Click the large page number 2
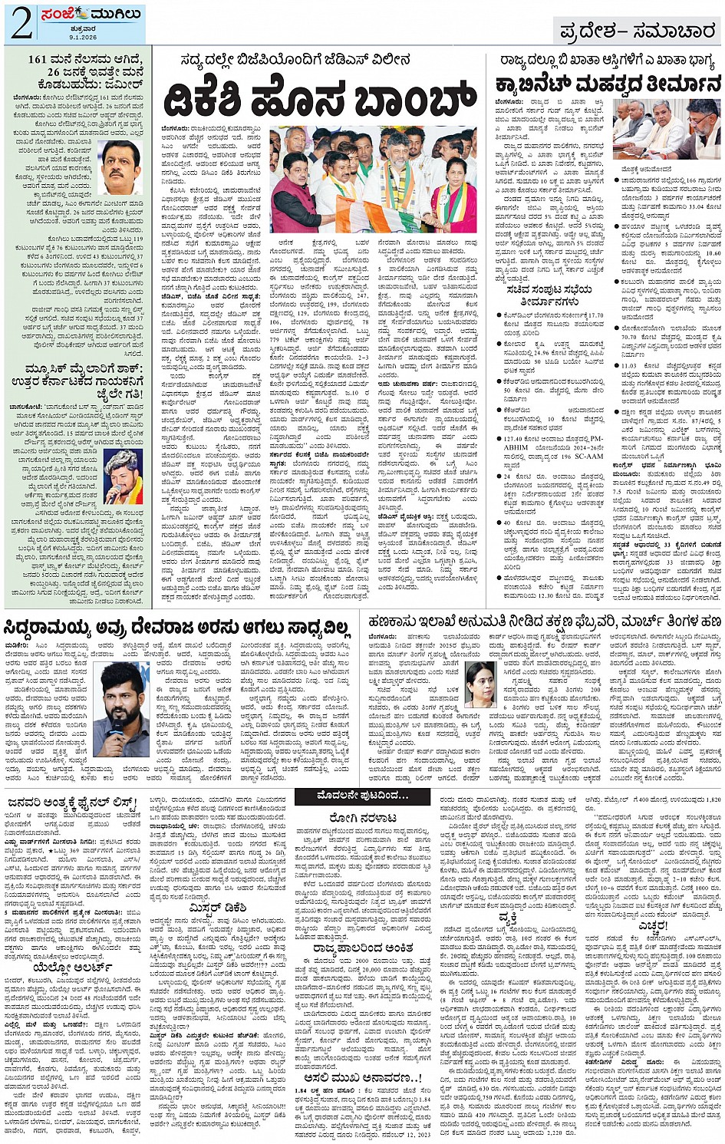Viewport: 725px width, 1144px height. point(21,23)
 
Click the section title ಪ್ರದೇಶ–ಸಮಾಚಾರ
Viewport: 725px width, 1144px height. point(637,31)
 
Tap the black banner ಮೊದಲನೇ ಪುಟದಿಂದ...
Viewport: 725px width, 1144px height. point(361,796)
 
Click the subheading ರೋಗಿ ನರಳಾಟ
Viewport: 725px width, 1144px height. point(361,818)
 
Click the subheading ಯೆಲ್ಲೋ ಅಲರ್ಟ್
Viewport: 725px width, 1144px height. point(74,968)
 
